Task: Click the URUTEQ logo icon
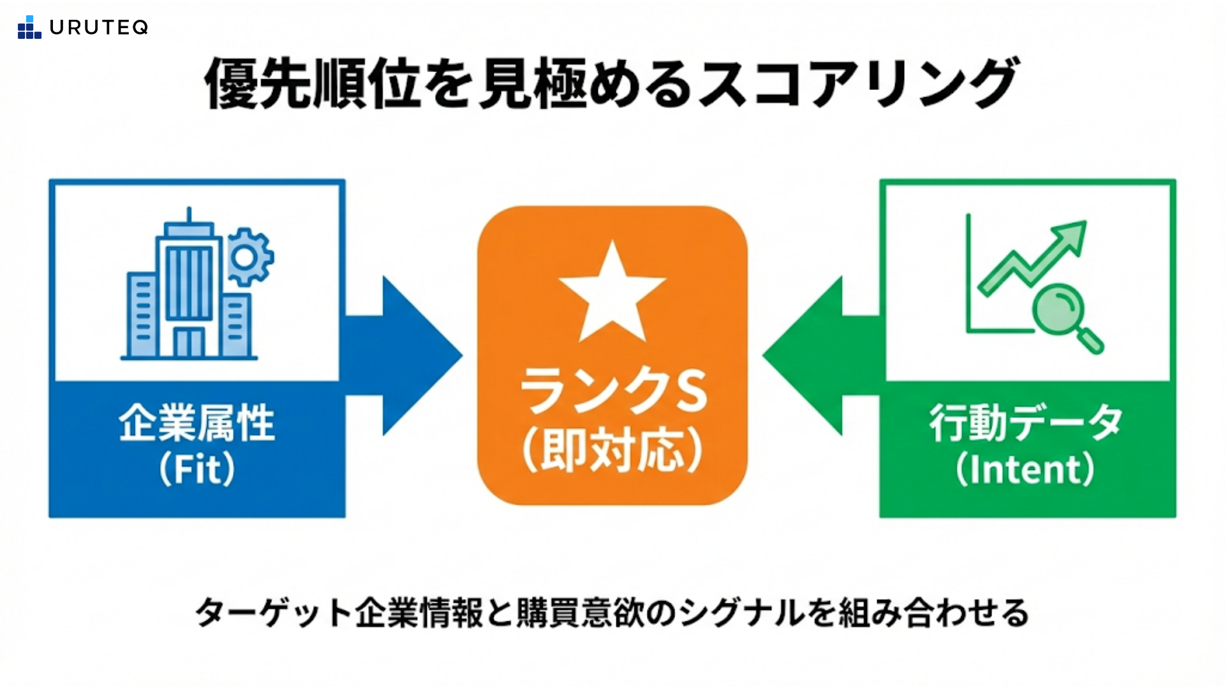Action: tap(29, 27)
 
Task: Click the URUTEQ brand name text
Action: tap(99, 27)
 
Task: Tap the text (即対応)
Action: tap(612, 450)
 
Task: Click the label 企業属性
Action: tap(197, 423)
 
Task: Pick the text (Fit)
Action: tap(197, 470)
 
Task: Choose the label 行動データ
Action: tap(1026, 423)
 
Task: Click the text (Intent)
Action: tap(1026, 470)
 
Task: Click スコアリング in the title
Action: tap(858, 83)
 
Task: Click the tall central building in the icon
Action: tap(189, 287)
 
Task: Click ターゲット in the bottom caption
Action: tap(273, 613)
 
